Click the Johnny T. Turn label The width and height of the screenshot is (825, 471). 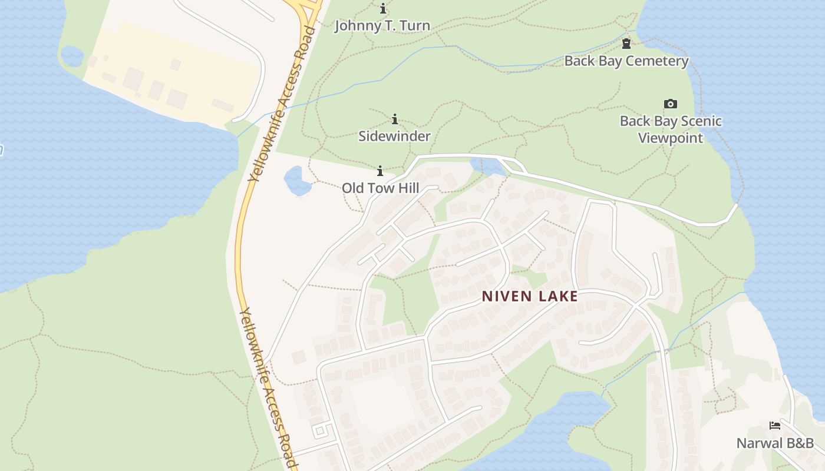382,26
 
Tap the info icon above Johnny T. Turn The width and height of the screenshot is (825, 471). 383,8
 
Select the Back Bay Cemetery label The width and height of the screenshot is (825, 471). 626,61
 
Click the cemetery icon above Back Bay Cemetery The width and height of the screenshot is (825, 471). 626,44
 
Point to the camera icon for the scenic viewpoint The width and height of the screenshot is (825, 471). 670,104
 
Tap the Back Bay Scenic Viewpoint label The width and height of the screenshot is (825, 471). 671,130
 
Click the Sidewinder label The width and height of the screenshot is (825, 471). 395,136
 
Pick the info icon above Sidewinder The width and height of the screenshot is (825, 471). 395,119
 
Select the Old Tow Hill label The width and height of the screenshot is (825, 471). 381,188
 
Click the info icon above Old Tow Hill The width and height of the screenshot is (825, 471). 380,171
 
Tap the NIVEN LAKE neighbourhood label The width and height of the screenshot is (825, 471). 530,296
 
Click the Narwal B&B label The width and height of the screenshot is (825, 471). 775,443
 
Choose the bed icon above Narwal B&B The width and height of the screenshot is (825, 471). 775,426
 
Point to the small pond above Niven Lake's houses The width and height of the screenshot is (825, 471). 488,167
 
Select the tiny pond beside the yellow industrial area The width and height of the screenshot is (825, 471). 72,56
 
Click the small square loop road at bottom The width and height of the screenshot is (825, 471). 320,430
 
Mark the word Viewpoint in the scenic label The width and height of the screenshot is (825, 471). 671,138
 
